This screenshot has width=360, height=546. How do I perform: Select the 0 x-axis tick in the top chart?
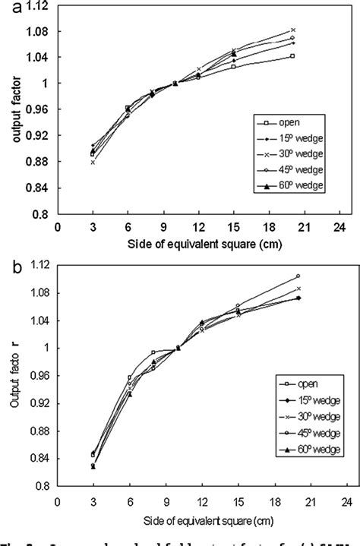tap(57, 226)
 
